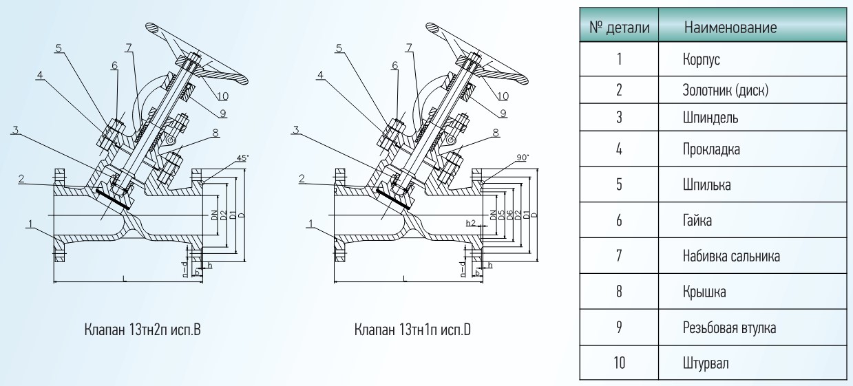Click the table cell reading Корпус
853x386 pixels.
point(701,59)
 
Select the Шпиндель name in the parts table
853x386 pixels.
point(710,118)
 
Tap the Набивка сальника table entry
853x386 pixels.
point(731,256)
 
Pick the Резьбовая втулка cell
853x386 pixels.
point(729,328)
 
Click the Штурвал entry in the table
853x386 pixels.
point(706,363)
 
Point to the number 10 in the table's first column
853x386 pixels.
point(619,363)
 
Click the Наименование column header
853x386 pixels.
point(730,28)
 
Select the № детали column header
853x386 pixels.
point(619,28)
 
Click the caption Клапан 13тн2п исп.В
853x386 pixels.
point(143,330)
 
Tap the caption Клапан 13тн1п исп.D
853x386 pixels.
point(412,330)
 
